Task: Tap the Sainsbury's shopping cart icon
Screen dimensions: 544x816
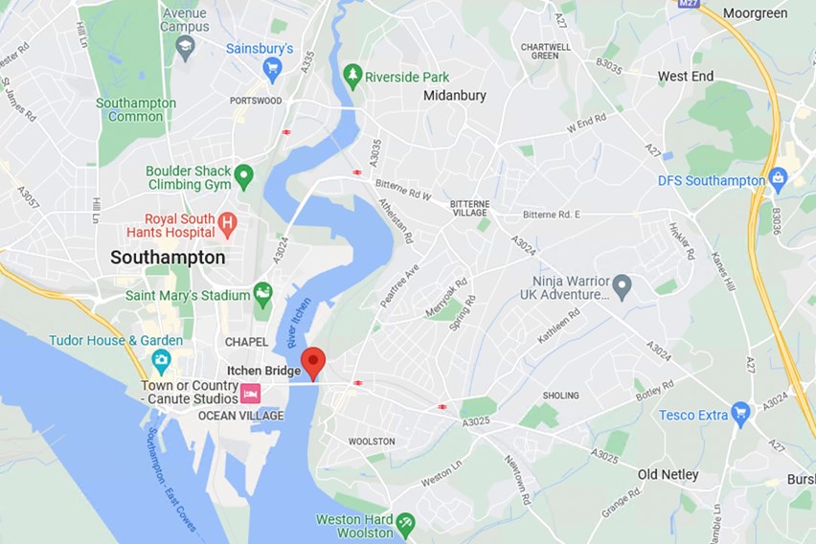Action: pyautogui.click(x=273, y=67)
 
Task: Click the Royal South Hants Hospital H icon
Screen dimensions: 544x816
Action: pyautogui.click(x=227, y=224)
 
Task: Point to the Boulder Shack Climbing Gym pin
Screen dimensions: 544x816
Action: pyautogui.click(x=244, y=175)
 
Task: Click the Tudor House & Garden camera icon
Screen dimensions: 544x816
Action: pyautogui.click(x=161, y=360)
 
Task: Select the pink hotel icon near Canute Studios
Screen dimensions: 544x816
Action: pyautogui.click(x=250, y=393)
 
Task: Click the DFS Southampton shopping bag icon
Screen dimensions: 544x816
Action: pyautogui.click(x=778, y=179)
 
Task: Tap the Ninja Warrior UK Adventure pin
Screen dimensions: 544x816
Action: pyautogui.click(x=622, y=284)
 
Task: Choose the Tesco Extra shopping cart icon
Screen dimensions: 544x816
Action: pyautogui.click(x=739, y=414)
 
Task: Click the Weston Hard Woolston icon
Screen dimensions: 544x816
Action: pyautogui.click(x=405, y=522)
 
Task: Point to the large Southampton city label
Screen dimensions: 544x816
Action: pyautogui.click(x=168, y=258)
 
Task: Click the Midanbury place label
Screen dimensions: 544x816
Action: pyautogui.click(x=455, y=96)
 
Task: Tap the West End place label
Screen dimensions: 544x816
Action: pyautogui.click(x=685, y=76)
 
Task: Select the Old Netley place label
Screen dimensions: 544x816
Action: pyautogui.click(x=669, y=474)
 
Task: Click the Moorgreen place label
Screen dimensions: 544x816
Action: pyautogui.click(x=755, y=13)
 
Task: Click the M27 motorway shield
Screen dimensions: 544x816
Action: pyautogui.click(x=689, y=5)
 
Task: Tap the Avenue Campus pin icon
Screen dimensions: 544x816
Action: pyautogui.click(x=186, y=44)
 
